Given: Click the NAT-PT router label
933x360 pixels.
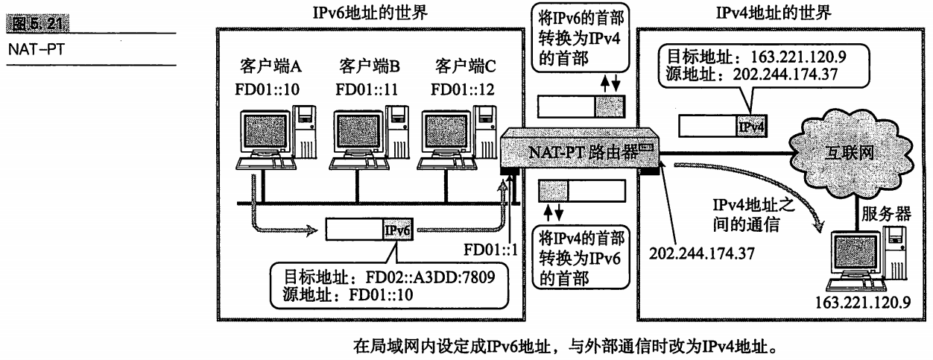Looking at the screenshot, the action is pyautogui.click(x=583, y=153).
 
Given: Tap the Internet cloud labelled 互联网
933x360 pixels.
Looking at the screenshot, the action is pyautogui.click(x=850, y=154).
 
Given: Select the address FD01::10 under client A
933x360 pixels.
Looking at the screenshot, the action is pyautogui.click(x=267, y=89).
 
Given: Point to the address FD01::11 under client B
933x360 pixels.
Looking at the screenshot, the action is pyautogui.click(x=367, y=89).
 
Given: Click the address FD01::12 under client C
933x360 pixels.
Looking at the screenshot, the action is pyautogui.click(x=462, y=89).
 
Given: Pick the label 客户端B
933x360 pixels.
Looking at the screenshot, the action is pyautogui.click(x=370, y=66).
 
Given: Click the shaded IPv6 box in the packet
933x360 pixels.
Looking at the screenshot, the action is pyautogui.click(x=398, y=230).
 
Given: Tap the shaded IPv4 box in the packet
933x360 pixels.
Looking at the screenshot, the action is pyautogui.click(x=751, y=126).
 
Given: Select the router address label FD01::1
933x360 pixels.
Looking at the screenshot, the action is pyautogui.click(x=490, y=250).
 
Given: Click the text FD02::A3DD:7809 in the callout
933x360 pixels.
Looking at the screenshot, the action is pyautogui.click(x=430, y=277).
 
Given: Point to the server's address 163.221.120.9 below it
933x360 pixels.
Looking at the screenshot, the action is pyautogui.click(x=863, y=303).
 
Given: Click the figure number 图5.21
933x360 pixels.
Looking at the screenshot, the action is pyautogui.click(x=38, y=23).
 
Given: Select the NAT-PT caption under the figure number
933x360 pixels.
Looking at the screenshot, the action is pyautogui.click(x=37, y=50).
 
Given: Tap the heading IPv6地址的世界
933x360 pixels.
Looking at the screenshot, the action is pyautogui.click(x=370, y=13).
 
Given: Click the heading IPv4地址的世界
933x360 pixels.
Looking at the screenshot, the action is pyautogui.click(x=774, y=13).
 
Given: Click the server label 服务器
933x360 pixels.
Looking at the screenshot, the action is pyautogui.click(x=886, y=214).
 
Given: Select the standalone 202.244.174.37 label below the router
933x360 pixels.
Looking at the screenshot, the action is pyautogui.click(x=702, y=253).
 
